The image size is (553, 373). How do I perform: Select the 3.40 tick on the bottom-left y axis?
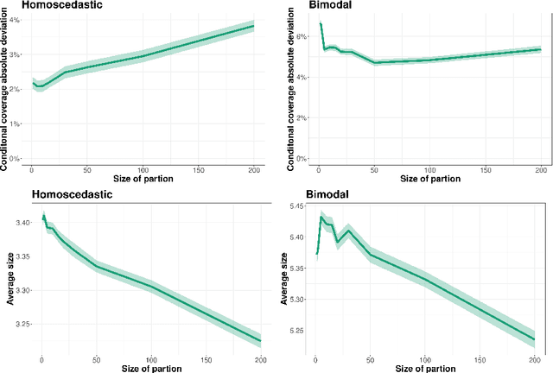point(19,223)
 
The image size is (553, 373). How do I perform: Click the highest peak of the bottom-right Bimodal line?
point(321,218)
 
